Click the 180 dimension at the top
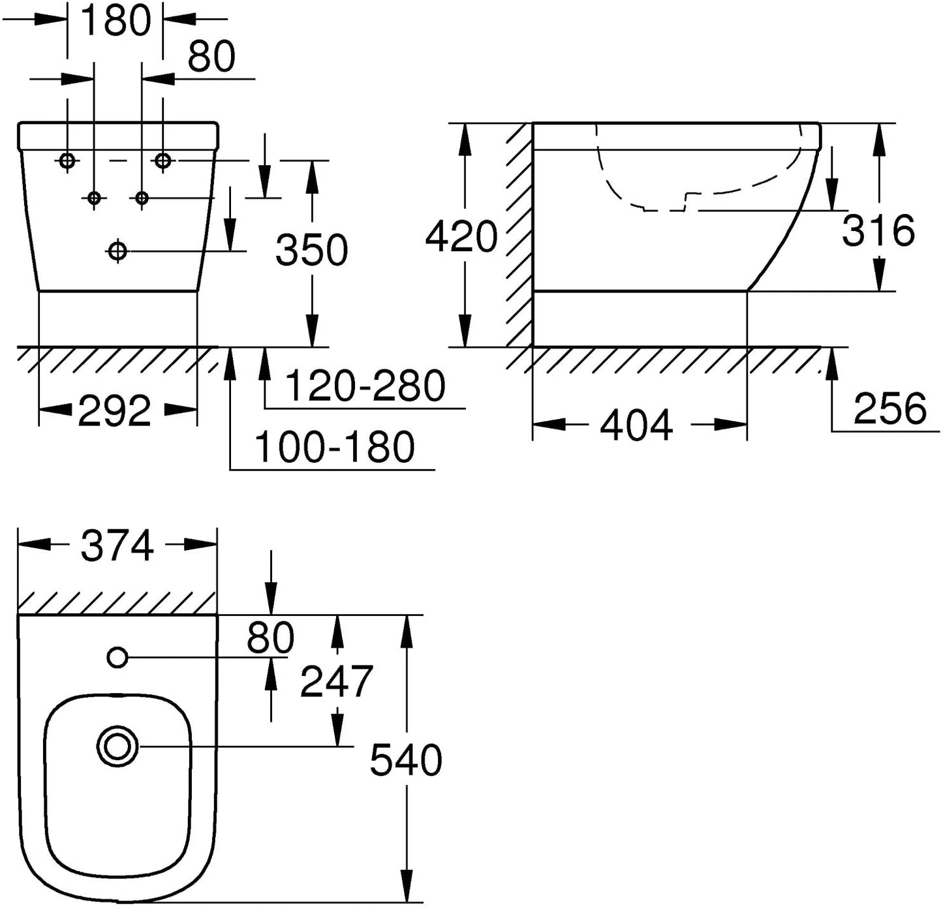pyautogui.click(x=116, y=20)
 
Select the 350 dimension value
pyautogui.click(x=311, y=250)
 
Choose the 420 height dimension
pyautogui.click(x=461, y=237)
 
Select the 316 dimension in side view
pyautogui.click(x=878, y=230)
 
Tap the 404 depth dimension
pyautogui.click(x=636, y=425)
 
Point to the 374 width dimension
pyautogui.click(x=117, y=546)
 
